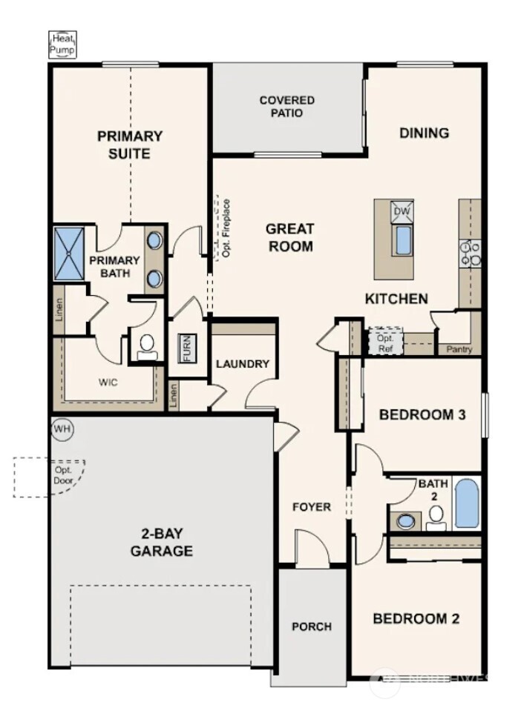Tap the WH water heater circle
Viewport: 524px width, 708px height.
click(62, 429)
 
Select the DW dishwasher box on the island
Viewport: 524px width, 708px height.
click(402, 211)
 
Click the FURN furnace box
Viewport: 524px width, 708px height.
click(187, 348)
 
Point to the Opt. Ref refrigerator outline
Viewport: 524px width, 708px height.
click(385, 341)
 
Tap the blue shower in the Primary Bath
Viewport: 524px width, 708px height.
click(71, 254)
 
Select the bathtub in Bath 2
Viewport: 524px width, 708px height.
click(466, 503)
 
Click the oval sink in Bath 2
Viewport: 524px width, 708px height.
click(406, 521)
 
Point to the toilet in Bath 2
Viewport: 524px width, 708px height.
click(436, 516)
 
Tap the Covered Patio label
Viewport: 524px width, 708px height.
click(286, 107)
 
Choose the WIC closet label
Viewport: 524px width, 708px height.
click(108, 383)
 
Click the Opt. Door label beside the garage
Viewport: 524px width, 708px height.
click(62, 474)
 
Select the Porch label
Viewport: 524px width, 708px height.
click(312, 626)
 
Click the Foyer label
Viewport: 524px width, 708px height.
click(312, 507)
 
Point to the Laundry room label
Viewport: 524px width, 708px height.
click(242, 364)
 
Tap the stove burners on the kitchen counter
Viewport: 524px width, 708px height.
click(469, 254)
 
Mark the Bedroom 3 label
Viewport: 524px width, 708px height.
click(422, 414)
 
